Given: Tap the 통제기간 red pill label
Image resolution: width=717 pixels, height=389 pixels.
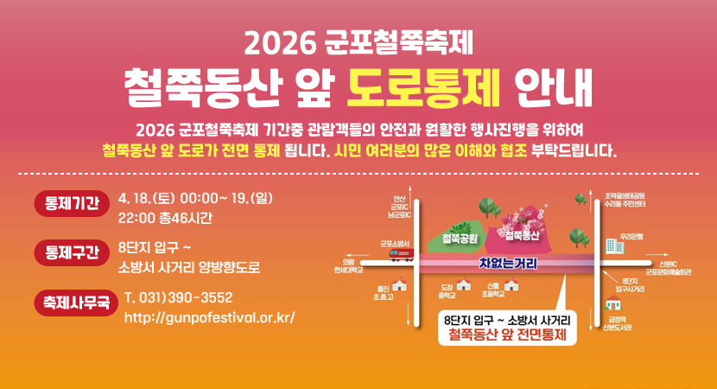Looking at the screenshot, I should point(70,205).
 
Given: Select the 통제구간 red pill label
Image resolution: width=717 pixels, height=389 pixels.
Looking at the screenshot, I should point(70,253).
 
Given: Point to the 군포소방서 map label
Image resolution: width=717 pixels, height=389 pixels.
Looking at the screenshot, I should point(395,243).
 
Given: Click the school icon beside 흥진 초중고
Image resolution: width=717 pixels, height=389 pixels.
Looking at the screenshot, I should point(399,286).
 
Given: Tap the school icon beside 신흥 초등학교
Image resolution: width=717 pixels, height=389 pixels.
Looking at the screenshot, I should point(511,285).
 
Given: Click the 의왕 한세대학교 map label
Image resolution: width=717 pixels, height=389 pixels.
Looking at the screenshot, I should point(348,265).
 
